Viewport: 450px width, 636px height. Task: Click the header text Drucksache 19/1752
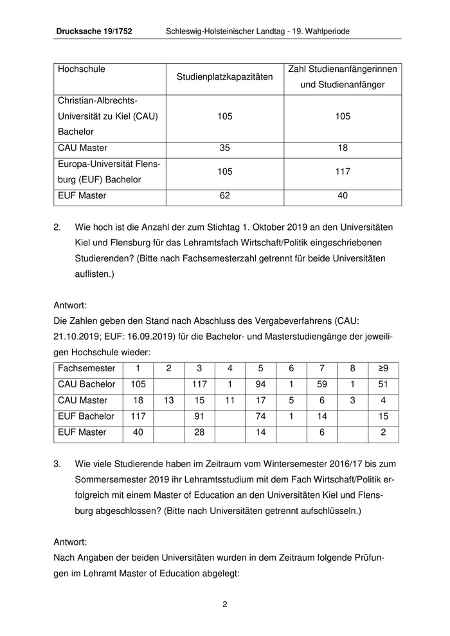point(94,31)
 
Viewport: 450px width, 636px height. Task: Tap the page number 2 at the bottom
point(225,604)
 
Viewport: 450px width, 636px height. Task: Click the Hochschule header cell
point(82,69)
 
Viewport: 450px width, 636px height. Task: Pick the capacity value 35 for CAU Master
point(224,148)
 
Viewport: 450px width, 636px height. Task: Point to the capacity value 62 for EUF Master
point(224,195)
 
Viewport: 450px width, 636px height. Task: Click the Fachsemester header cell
point(87,368)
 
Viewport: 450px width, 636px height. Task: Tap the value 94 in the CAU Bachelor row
point(260,384)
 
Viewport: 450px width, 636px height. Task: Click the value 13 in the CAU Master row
point(168,400)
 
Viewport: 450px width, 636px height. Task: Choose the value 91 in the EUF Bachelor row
point(199,416)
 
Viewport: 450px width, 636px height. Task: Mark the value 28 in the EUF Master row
point(199,432)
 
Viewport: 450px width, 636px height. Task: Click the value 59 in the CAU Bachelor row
point(322,384)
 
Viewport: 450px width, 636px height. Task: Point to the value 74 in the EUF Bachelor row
point(260,416)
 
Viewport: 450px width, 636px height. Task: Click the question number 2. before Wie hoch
point(57,228)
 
